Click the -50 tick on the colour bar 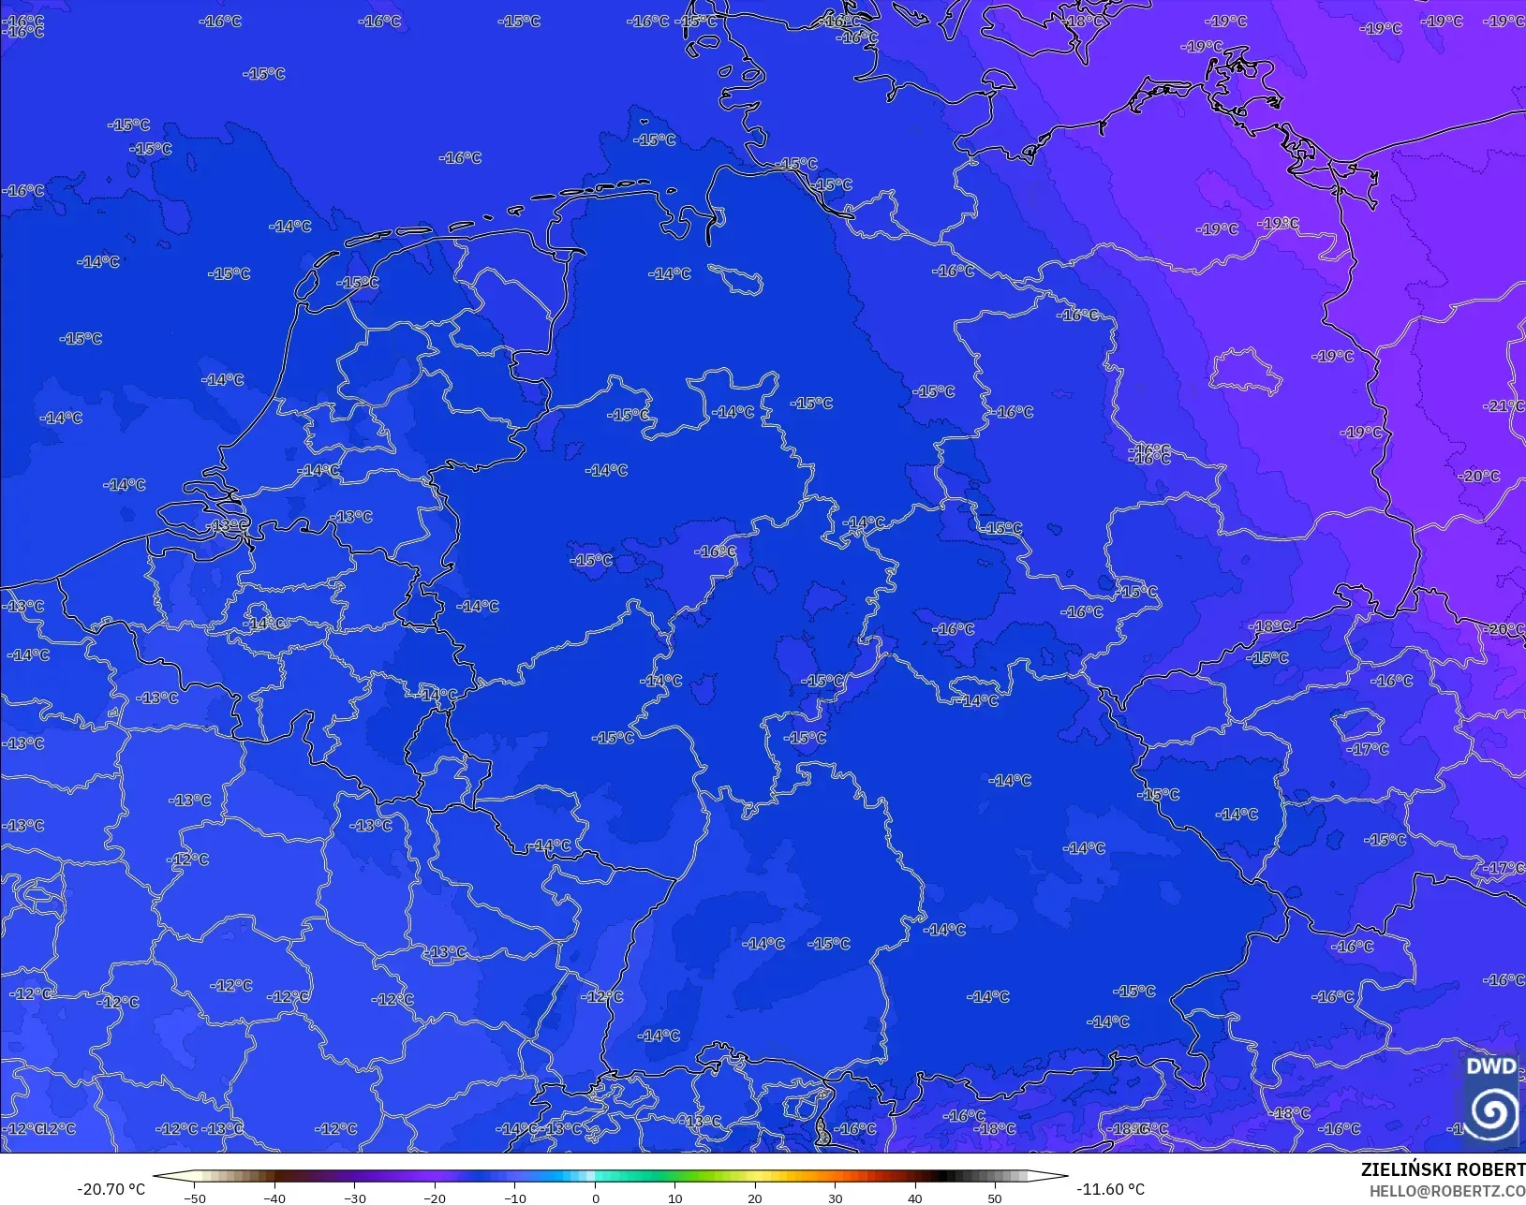(194, 1198)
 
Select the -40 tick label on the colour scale (274, 1198)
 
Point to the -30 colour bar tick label (354, 1198)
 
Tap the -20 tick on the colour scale (435, 1198)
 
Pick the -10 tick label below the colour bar (514, 1198)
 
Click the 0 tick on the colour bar (595, 1198)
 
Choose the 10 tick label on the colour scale (674, 1198)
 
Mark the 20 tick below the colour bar (755, 1198)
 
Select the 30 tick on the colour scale (835, 1198)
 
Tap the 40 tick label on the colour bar (915, 1198)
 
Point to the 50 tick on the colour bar (995, 1198)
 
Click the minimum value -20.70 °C (111, 1189)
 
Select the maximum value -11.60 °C (1110, 1189)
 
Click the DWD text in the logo (1490, 1066)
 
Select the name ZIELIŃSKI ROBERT (1443, 1170)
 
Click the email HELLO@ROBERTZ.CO (1447, 1191)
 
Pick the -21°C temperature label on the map (1504, 405)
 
